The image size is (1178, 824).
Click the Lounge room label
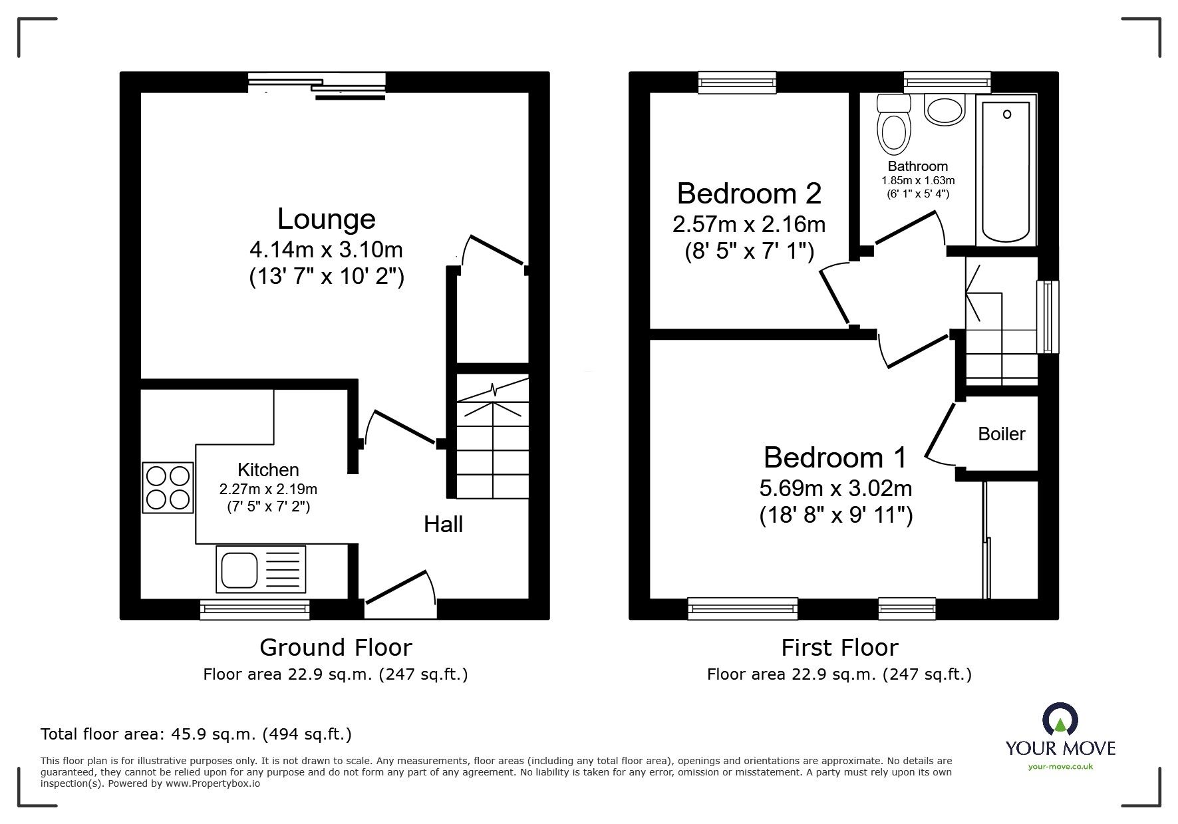(326, 219)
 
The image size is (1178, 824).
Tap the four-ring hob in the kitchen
(168, 488)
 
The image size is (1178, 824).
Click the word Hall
(443, 525)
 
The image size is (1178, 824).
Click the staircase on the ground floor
(492, 439)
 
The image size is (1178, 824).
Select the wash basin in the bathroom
(945, 110)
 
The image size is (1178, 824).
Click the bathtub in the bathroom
(1006, 170)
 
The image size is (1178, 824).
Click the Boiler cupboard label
(1001, 434)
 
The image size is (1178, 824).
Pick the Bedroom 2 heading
(749, 194)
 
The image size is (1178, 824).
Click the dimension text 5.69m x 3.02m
(835, 489)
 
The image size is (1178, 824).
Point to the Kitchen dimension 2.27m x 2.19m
(268, 489)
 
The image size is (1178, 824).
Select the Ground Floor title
(335, 647)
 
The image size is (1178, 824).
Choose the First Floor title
(839, 647)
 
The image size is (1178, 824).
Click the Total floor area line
(196, 734)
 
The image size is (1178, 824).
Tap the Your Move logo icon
(1060, 720)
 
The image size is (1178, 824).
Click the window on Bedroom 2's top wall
(737, 82)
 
